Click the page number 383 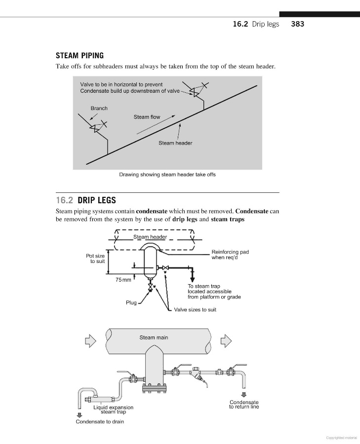(298, 24)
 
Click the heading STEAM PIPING (80, 56)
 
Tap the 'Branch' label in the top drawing (99, 108)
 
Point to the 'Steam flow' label (147, 117)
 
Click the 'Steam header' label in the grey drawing (175, 143)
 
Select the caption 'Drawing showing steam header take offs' (167, 174)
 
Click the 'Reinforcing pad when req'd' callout (230, 255)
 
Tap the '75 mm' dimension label (123, 280)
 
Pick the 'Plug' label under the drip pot (131, 302)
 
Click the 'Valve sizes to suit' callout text (195, 310)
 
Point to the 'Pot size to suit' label (95, 259)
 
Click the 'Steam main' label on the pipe (154, 337)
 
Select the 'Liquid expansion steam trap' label (113, 409)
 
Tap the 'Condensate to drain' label (100, 422)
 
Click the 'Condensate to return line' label (244, 405)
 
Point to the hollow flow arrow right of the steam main (225, 340)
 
